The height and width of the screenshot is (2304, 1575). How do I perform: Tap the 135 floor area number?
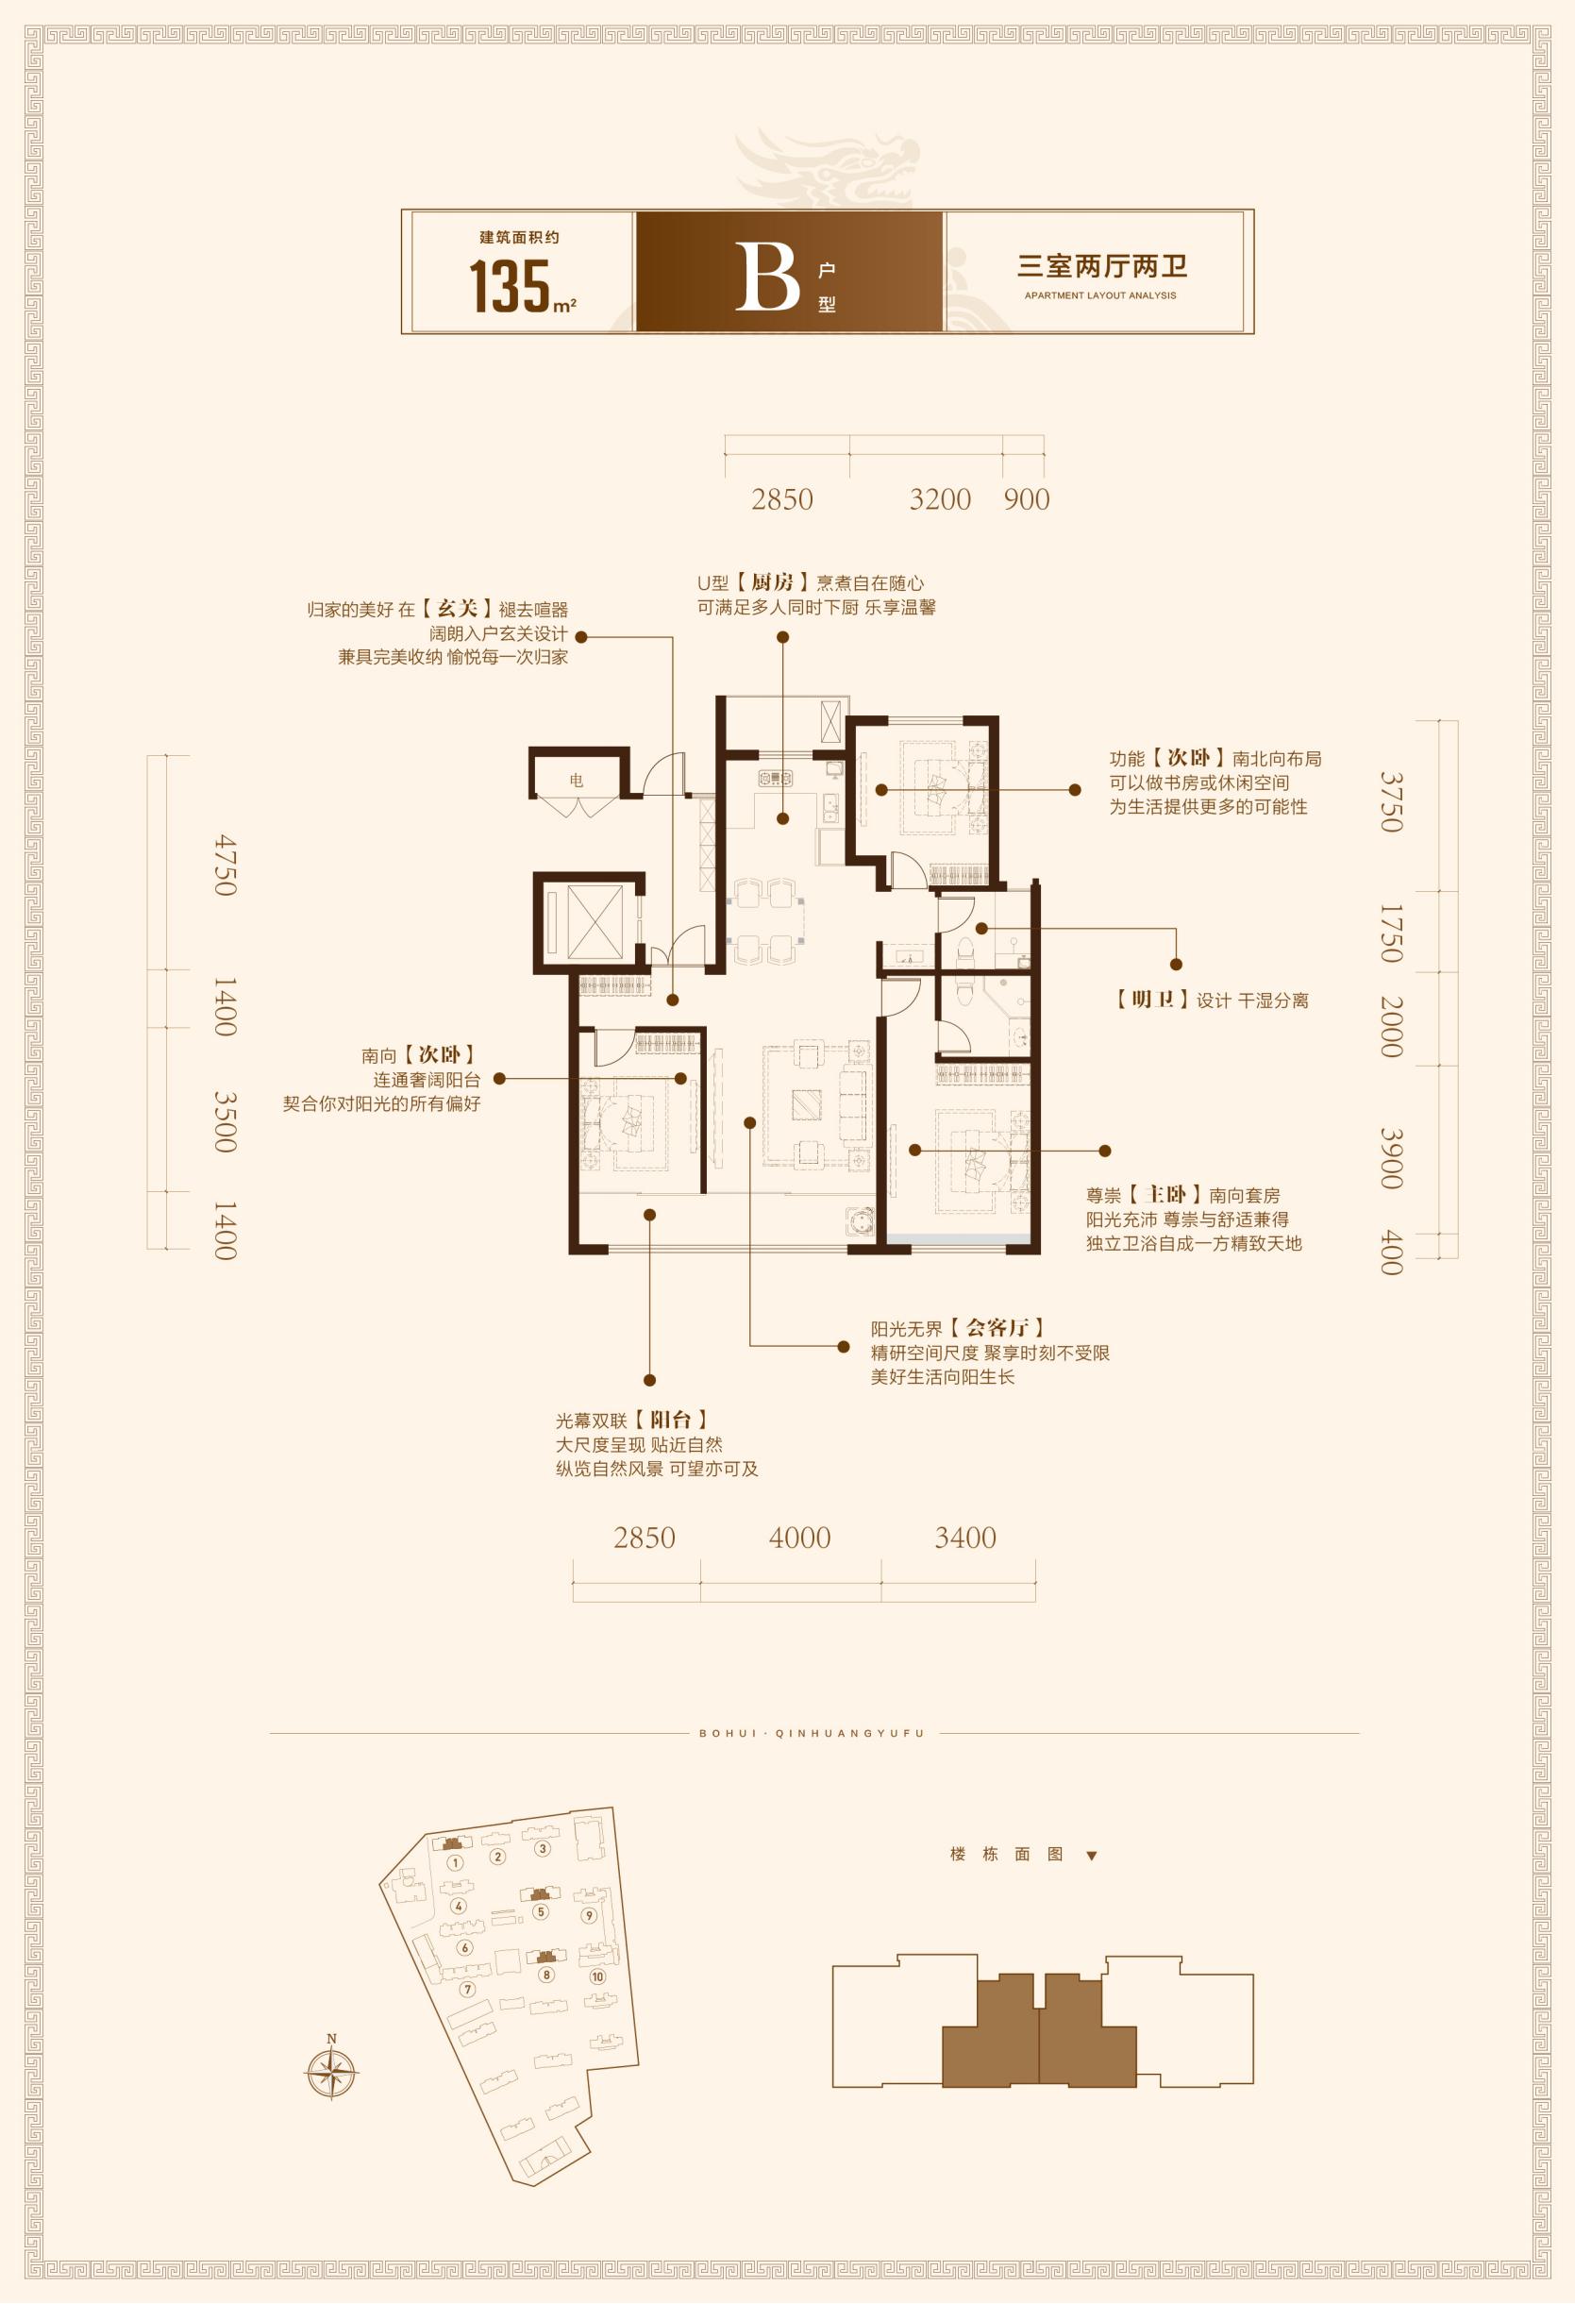[x=510, y=287]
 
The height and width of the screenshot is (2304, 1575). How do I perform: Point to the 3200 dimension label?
[x=940, y=498]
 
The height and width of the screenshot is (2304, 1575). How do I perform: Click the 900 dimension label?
[x=1026, y=498]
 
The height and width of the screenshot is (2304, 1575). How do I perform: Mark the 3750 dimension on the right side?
[x=1392, y=802]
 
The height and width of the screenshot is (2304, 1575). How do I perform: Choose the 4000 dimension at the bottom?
[x=800, y=1538]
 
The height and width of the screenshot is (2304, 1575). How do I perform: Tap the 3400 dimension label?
[x=965, y=1538]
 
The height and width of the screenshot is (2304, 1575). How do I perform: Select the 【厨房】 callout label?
[x=771, y=583]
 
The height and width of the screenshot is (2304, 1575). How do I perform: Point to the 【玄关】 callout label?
[x=456, y=610]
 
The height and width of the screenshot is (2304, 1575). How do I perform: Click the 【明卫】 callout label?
[x=1154, y=1001]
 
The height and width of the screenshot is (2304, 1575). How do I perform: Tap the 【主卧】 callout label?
[x=1166, y=1195]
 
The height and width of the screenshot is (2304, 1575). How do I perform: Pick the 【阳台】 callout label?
[x=671, y=1421]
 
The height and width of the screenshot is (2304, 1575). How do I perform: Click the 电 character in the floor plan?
[x=576, y=781]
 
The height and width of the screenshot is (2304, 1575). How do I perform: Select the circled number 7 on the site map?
[x=468, y=1989]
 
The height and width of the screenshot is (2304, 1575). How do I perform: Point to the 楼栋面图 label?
[x=1006, y=1854]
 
